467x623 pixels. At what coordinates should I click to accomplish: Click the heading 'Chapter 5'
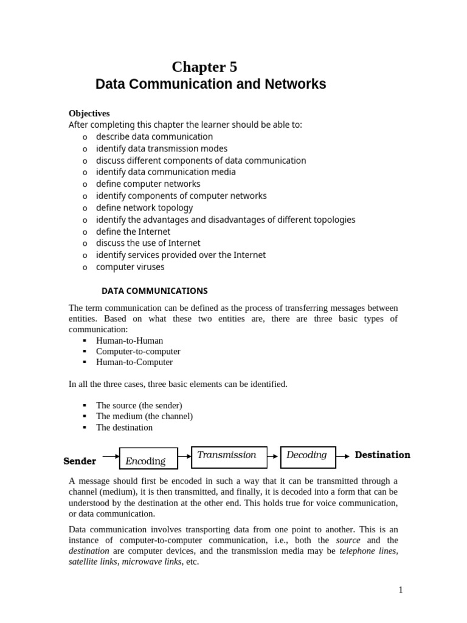point(204,67)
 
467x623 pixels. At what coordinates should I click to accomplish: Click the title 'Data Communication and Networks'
point(210,85)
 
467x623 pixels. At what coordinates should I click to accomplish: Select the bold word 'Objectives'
point(89,113)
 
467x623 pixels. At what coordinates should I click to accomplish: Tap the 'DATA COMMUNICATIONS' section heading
point(154,291)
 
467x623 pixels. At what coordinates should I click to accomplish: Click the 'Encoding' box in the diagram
point(148,459)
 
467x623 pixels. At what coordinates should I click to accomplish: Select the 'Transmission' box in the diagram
point(229,456)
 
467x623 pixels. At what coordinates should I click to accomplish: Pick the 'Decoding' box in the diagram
point(308,456)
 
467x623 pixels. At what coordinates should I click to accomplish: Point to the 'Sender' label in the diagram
point(80,461)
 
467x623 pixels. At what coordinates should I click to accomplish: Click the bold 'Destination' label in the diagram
point(382,455)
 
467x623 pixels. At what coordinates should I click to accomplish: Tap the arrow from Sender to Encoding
point(111,456)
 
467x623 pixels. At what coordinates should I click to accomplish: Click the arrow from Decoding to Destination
point(344,456)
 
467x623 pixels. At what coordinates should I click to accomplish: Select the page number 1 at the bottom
point(401,590)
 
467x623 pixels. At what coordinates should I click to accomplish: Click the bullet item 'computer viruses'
point(130,267)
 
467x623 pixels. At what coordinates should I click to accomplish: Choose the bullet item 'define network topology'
point(144,208)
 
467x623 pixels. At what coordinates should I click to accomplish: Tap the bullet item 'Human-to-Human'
point(130,341)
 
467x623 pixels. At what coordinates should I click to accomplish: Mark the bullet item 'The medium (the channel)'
point(144,416)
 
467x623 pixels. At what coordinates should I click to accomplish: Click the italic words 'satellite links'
point(94,562)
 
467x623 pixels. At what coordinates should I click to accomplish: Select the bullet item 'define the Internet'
point(133,232)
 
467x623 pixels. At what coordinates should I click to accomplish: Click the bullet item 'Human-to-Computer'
point(134,362)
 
